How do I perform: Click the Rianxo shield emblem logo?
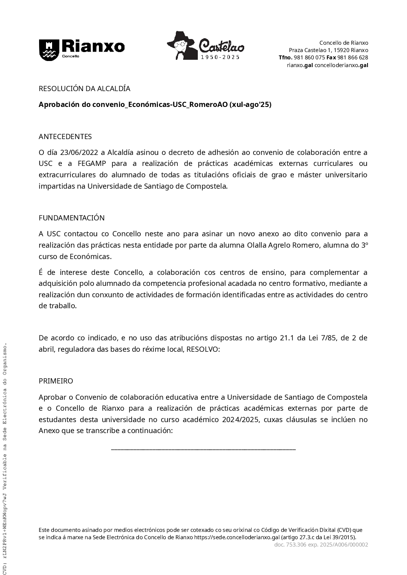pos(48,50)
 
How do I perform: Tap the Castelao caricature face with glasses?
pos(180,46)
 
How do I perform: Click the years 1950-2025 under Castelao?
pos(221,57)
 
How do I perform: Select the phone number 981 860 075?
pos(309,57)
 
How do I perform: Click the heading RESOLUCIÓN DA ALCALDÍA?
pos(84,89)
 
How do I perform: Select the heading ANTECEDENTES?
pos(65,137)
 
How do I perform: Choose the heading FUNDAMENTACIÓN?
pos(72,218)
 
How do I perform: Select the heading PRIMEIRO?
pos(56,381)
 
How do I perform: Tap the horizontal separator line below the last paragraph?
pos(203,449)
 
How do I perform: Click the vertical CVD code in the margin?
pos(5,455)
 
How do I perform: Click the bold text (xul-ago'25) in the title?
pos(250,105)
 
